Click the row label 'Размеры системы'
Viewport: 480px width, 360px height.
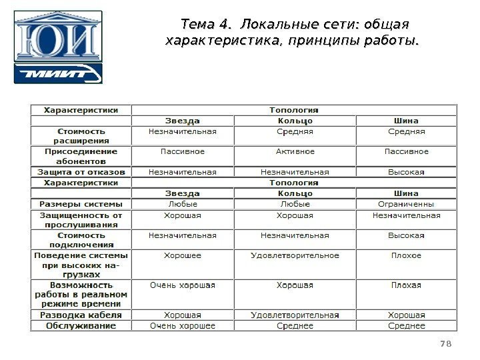pos(81,204)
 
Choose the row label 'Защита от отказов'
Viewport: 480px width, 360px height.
pos(81,171)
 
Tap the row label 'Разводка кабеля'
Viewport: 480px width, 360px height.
pos(81,315)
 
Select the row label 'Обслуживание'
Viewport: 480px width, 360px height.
pos(81,326)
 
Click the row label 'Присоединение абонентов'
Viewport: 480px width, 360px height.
pos(81,156)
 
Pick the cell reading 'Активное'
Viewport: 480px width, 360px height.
pos(295,151)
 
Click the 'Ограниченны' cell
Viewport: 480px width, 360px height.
pos(406,204)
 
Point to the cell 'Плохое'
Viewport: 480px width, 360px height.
pos(406,255)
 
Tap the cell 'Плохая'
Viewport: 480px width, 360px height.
pos(406,285)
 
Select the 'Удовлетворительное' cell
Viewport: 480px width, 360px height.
pos(295,255)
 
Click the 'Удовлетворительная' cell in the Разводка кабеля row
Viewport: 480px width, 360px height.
pos(295,315)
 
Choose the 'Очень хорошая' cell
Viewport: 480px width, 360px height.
pos(182,285)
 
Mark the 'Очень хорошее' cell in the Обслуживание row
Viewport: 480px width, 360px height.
pos(182,326)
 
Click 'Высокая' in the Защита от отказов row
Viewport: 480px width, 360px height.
pos(406,171)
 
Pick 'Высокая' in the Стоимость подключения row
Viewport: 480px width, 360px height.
pos(406,235)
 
